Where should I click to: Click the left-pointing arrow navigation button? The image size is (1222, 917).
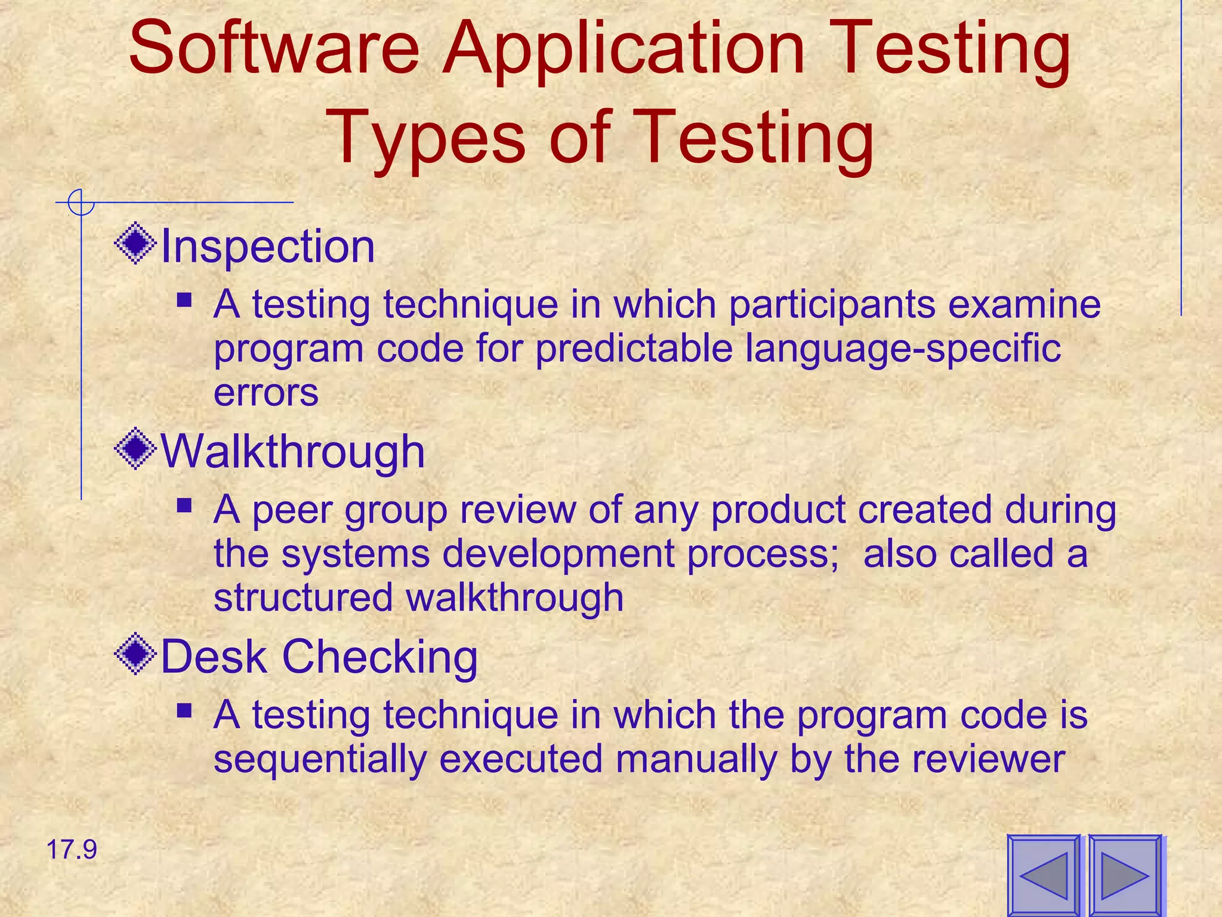point(1044,876)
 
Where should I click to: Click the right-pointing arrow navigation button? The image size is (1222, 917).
point(1125,876)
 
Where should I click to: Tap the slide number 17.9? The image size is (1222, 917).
point(71,850)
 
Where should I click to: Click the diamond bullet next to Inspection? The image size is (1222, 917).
point(135,243)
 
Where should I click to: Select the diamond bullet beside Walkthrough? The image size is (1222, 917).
point(135,448)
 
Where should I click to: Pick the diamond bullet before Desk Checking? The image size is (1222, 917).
point(135,654)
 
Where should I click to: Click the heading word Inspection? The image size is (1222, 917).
point(268,246)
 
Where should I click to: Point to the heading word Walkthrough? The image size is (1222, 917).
point(293,451)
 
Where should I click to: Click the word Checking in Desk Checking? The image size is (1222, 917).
point(379,657)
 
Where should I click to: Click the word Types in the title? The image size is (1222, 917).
point(426,139)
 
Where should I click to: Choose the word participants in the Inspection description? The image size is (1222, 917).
point(832,304)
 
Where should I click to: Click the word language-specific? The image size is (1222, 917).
point(903,349)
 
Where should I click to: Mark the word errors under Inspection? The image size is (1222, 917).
point(266,393)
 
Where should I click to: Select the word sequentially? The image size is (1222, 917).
point(320,759)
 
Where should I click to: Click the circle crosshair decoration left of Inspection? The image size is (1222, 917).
point(81,202)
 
